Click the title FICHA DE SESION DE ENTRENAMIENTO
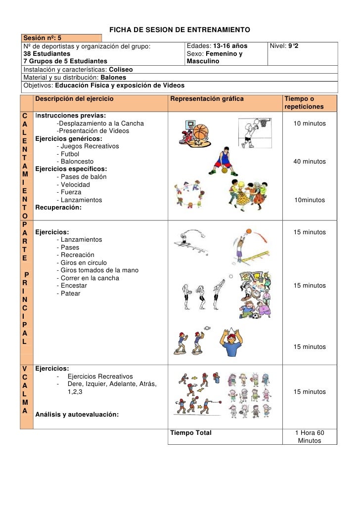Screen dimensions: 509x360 tap(180, 31)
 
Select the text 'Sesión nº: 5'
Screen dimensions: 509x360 tap(43, 38)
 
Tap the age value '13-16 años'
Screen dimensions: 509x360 tap(230, 46)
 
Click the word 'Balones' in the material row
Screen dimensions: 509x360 tap(113, 78)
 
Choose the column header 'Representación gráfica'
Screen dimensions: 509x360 tap(207, 99)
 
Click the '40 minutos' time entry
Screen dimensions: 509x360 tap(310, 162)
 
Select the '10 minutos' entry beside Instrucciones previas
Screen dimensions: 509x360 tap(310, 123)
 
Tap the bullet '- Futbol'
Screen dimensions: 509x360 tap(71, 154)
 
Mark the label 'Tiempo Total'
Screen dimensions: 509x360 tap(191, 433)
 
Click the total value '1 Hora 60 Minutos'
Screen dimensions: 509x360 tap(310, 437)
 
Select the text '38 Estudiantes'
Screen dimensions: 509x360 tap(47, 53)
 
